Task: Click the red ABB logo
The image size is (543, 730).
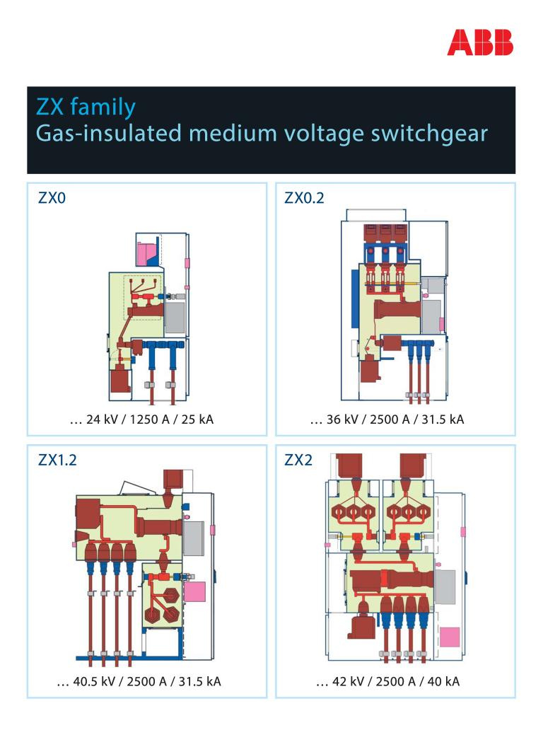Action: (x=480, y=42)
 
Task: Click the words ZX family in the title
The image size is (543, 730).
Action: (x=86, y=107)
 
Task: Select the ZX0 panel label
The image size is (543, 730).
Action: (x=52, y=199)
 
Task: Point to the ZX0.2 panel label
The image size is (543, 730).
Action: (x=304, y=199)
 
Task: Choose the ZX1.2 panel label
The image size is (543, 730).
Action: (x=57, y=460)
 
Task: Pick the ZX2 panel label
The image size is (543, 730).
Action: (x=298, y=460)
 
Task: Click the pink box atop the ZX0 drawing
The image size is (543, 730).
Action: (x=147, y=253)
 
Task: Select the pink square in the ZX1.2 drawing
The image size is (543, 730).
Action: (x=194, y=591)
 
